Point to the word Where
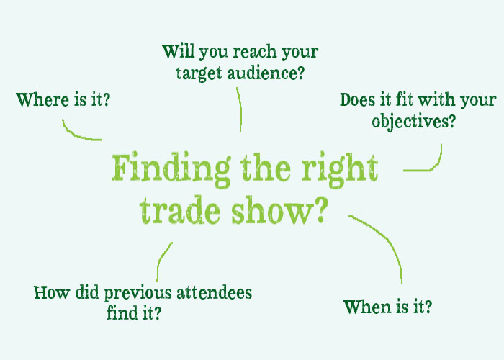[42, 99]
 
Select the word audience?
[266, 73]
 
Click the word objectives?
[414, 122]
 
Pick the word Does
[357, 99]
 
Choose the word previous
[138, 294]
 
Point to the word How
[52, 293]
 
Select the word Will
[178, 51]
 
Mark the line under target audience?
[240, 109]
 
